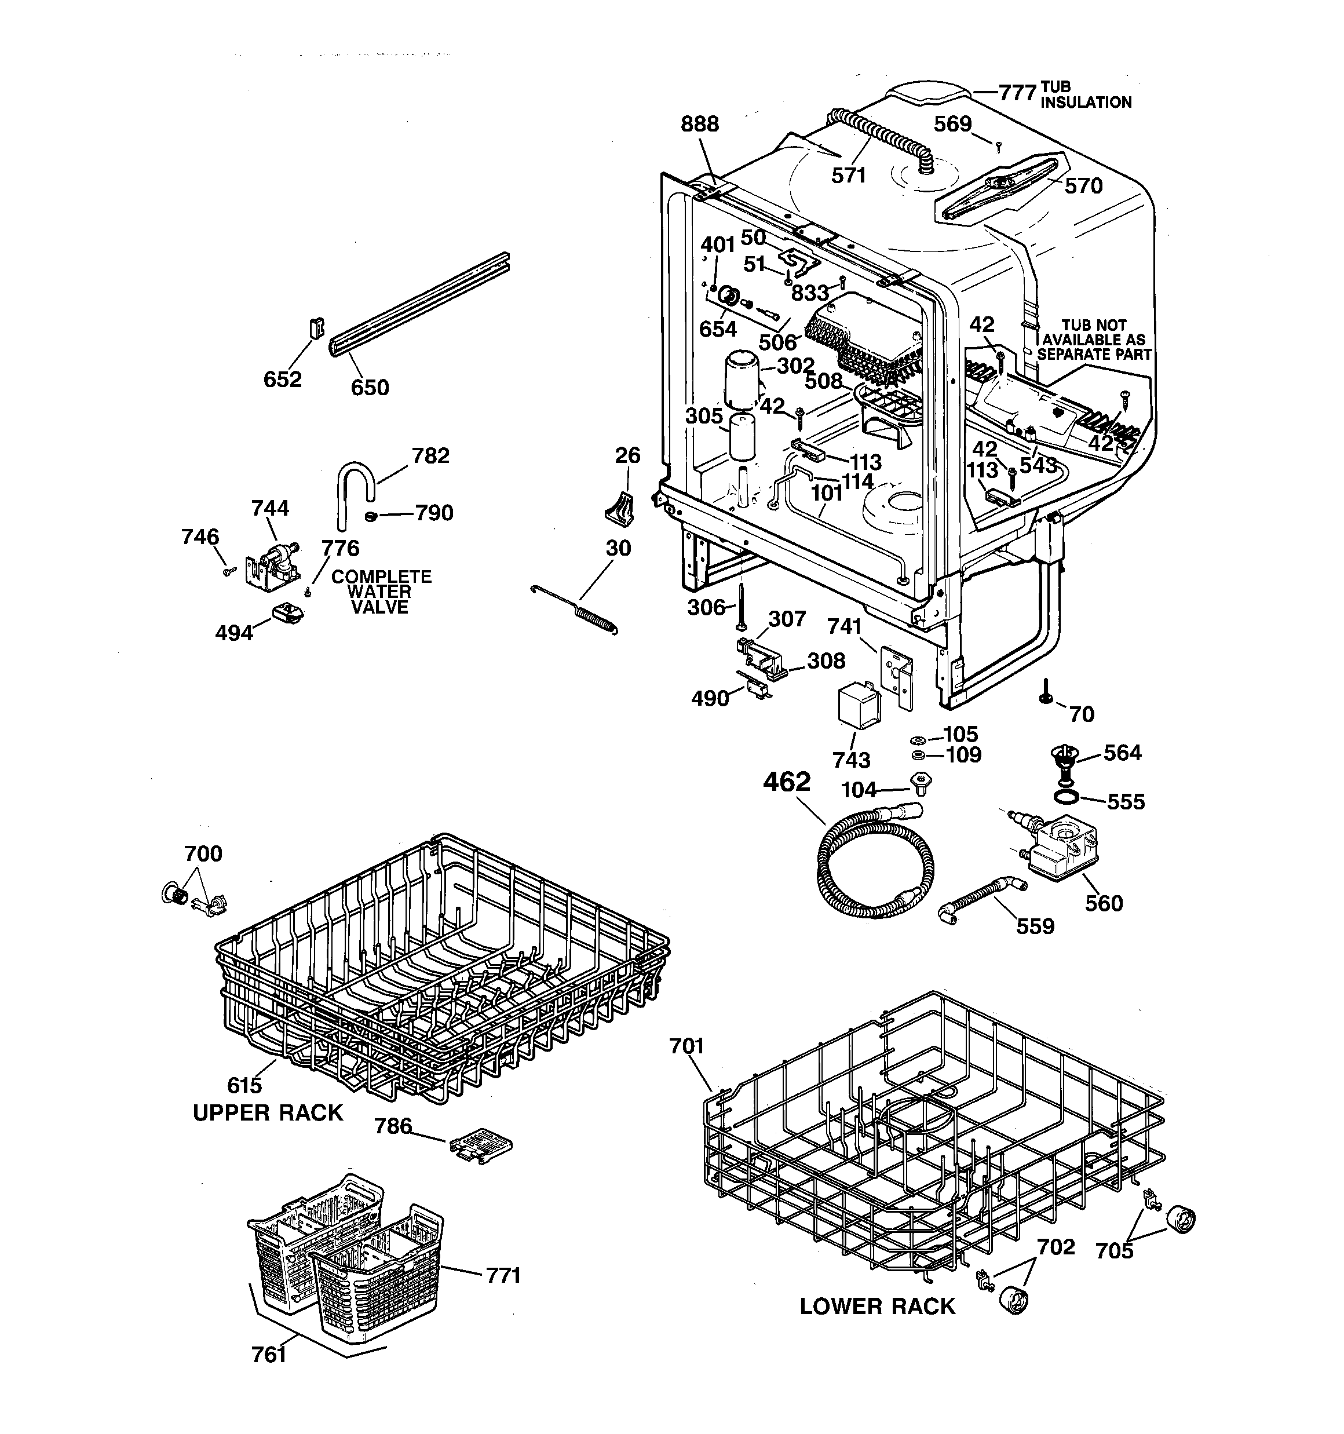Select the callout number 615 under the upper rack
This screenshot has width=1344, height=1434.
point(244,1084)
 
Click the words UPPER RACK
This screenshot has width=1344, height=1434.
point(268,1113)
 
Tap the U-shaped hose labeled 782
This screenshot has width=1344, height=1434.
point(353,491)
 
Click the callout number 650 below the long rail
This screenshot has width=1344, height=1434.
point(370,388)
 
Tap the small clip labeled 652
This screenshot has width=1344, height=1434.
point(316,329)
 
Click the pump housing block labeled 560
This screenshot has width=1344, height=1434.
point(1064,851)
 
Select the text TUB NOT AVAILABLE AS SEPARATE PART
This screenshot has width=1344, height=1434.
point(1093,340)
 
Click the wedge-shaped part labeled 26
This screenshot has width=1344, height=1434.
point(620,506)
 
